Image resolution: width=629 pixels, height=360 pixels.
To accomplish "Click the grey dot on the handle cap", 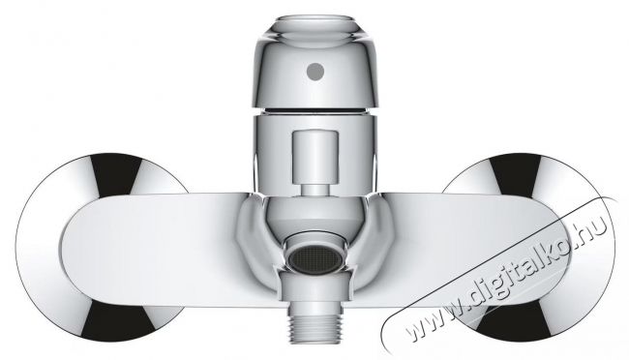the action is (315, 72).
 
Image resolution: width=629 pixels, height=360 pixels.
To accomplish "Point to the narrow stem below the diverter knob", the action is (315, 189).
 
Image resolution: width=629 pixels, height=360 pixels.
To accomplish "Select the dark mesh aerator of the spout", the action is (315, 258).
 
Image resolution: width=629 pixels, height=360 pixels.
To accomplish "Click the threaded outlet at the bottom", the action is (315, 327).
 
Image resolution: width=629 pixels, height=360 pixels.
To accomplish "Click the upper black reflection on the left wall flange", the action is (116, 173).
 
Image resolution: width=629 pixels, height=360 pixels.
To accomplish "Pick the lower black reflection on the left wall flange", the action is (117, 322).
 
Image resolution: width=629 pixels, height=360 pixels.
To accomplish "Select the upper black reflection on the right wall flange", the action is (516, 174).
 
